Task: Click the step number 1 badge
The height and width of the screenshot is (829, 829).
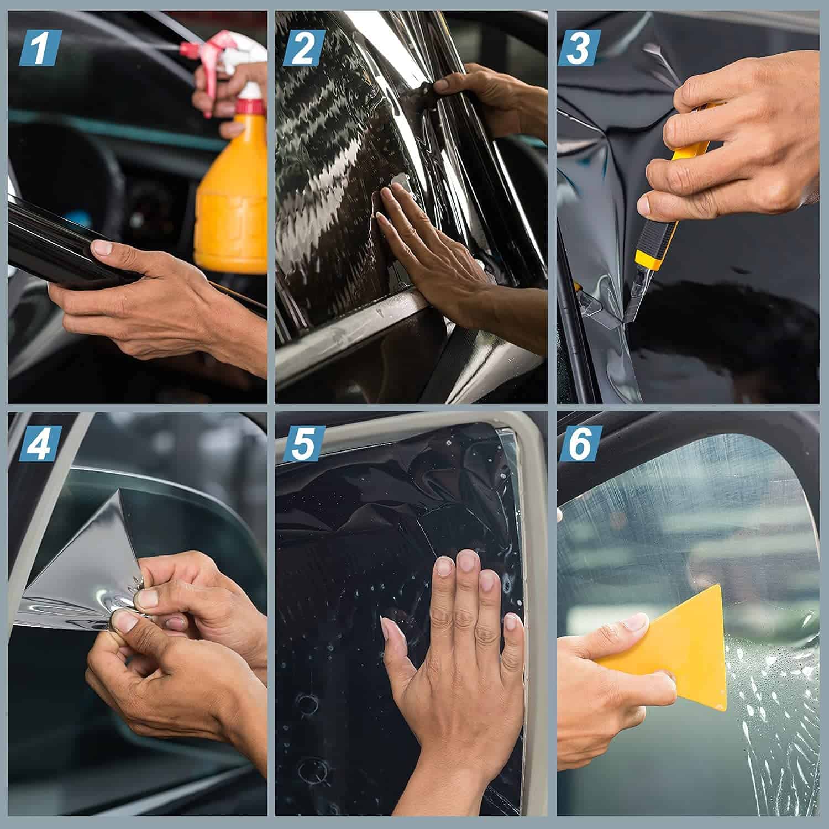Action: (x=39, y=49)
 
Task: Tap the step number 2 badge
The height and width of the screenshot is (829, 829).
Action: (x=303, y=49)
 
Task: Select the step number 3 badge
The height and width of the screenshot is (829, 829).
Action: (x=578, y=49)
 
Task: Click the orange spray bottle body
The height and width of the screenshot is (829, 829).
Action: (x=229, y=204)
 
